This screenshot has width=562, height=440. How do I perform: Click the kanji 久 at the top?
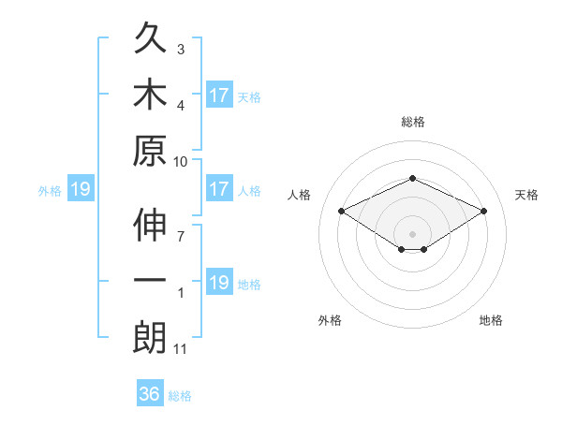[x=150, y=40]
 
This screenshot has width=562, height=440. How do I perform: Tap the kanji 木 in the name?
[x=150, y=95]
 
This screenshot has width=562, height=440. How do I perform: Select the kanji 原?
[x=150, y=151]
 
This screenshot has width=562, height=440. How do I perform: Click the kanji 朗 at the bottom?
[x=150, y=338]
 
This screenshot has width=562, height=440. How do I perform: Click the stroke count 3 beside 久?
[x=180, y=49]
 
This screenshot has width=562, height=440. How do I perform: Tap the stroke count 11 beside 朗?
[x=181, y=349]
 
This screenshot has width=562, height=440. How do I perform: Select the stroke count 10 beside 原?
[x=181, y=161]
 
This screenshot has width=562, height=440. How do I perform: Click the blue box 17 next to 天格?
[x=219, y=95]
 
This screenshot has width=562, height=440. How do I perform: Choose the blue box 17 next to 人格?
[x=219, y=189]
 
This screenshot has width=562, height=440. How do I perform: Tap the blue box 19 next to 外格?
[x=80, y=190]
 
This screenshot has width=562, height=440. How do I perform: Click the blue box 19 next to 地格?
[x=219, y=283]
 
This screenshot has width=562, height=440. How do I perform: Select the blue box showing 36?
[x=150, y=394]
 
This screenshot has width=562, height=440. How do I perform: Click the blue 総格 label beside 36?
[x=180, y=396]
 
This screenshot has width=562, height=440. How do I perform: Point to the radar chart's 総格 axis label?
[x=412, y=122]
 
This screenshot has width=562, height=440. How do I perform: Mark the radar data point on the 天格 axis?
[x=484, y=212]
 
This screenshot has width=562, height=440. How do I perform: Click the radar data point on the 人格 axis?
[x=342, y=212]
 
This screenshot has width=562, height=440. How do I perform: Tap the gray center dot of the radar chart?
[x=412, y=233]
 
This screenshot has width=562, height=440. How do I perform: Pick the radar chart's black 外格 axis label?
[x=330, y=320]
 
